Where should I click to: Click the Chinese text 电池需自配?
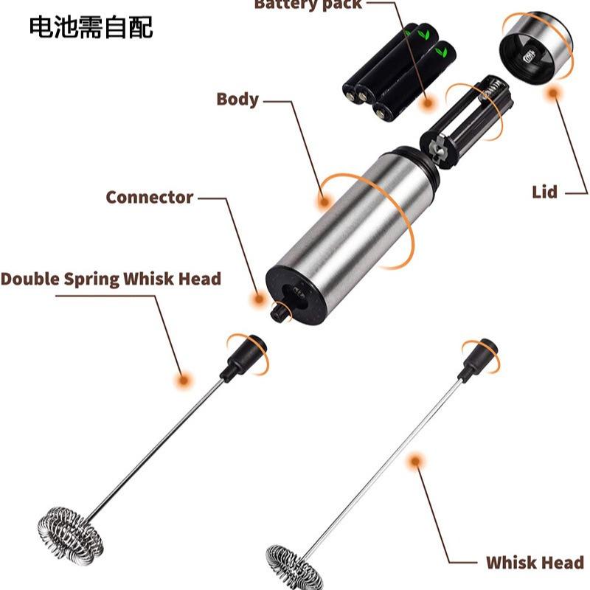(x=91, y=27)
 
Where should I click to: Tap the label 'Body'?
(x=237, y=99)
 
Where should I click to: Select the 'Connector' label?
(x=149, y=197)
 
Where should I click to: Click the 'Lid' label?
(x=544, y=192)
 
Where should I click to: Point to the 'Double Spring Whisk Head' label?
(x=111, y=279)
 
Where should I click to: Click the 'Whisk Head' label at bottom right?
(x=534, y=563)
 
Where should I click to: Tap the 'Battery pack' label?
(x=308, y=4)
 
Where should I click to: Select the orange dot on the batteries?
(x=426, y=104)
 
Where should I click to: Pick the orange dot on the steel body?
(x=323, y=199)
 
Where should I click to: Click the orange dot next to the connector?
(x=258, y=299)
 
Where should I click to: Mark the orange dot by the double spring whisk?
(x=181, y=380)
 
